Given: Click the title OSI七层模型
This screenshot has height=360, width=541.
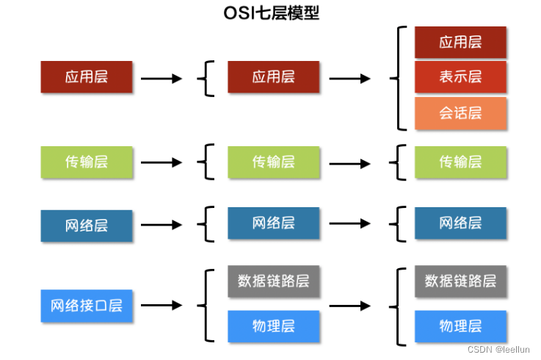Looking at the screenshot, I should tap(271, 12).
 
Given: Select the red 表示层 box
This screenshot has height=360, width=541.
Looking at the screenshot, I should tap(460, 77).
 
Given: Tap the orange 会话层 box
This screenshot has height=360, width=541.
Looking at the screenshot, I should tap(460, 112).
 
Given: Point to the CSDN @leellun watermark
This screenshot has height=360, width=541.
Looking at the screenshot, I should tap(498, 349).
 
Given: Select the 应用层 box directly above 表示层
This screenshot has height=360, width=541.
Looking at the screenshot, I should tap(460, 42).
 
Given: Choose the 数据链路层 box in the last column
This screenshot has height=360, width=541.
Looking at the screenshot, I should tap(460, 281).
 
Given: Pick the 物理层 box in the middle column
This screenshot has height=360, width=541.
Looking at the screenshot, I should tap(273, 326).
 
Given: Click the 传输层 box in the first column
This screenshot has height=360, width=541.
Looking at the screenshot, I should tap(87, 162).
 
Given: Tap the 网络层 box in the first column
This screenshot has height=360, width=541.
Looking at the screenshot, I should tap(87, 226).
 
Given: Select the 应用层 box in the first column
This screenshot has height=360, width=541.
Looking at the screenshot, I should tap(87, 77).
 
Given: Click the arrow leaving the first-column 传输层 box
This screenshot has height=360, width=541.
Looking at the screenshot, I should tap(161, 162).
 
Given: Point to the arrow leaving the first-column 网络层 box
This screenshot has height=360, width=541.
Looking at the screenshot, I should tap(161, 225).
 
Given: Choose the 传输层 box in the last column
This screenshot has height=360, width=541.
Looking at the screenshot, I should tap(460, 162).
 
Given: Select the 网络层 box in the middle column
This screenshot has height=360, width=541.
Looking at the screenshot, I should tap(273, 223).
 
